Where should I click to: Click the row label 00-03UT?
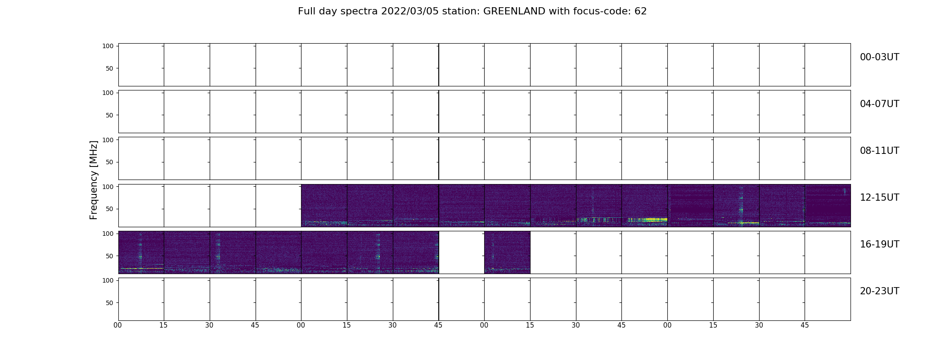click(x=879, y=57)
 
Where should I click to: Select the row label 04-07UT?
click(x=879, y=104)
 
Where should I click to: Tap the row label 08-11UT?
click(x=879, y=151)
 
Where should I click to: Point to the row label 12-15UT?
click(x=879, y=198)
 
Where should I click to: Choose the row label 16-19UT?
click(x=879, y=244)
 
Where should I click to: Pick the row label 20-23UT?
click(x=879, y=291)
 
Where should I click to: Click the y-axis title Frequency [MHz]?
click(x=94, y=180)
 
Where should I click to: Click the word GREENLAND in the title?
click(x=514, y=11)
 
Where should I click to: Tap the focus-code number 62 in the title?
click(x=641, y=11)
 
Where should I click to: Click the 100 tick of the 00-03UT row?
click(x=108, y=46)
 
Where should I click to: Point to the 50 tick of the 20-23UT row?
click(x=110, y=303)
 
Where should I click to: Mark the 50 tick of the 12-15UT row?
click(x=110, y=209)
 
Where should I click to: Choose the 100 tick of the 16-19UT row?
click(x=108, y=234)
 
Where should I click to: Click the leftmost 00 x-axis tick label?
click(x=118, y=325)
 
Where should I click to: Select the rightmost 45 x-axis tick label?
click(x=805, y=325)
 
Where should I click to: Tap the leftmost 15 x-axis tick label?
click(x=163, y=325)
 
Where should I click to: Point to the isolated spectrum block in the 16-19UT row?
click(x=507, y=252)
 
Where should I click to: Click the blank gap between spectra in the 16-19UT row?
click(x=462, y=252)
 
